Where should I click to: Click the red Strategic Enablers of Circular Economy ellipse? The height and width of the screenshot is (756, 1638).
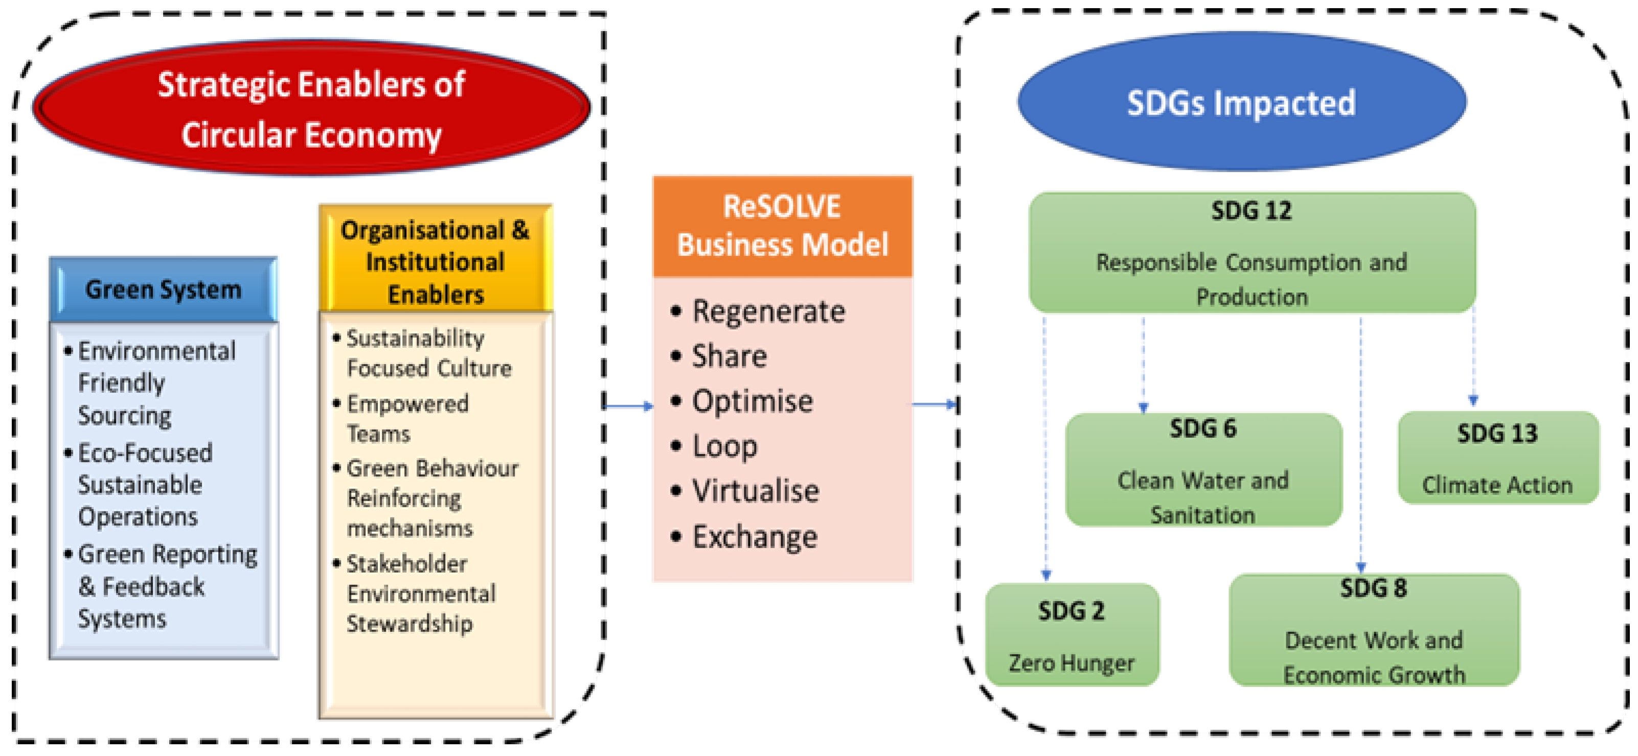tap(311, 108)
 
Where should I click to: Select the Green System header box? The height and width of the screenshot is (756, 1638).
tap(164, 290)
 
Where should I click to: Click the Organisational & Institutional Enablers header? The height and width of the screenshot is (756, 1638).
tap(436, 261)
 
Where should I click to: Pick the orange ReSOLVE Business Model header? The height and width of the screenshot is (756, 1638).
tap(782, 226)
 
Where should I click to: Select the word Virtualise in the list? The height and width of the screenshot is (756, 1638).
tap(756, 491)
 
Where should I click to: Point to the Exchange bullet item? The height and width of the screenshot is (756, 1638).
tap(754, 537)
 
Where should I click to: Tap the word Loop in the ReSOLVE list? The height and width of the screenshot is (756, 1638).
tap(725, 446)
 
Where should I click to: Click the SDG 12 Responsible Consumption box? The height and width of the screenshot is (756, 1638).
tap(1252, 253)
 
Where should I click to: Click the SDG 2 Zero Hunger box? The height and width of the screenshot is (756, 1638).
tap(1072, 635)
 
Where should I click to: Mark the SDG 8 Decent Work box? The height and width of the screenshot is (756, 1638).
tap(1374, 631)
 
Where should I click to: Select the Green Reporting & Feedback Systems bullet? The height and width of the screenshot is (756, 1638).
tap(167, 586)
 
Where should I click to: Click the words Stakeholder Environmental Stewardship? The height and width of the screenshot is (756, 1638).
tap(420, 594)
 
